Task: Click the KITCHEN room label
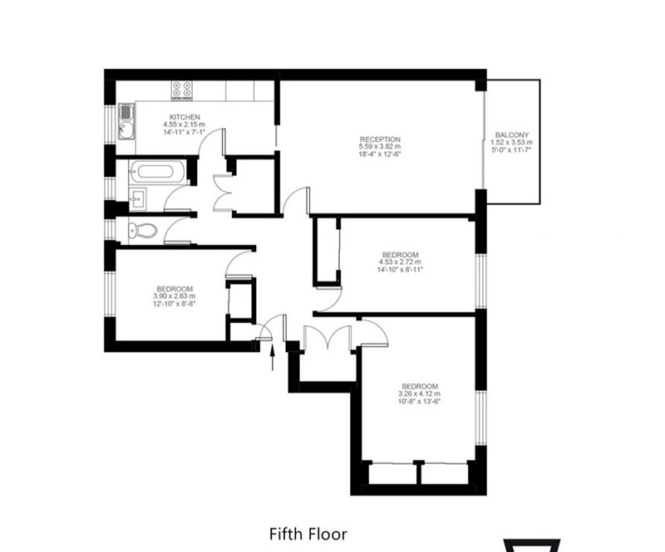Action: (185, 117)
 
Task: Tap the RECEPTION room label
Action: (380, 139)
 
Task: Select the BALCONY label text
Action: (512, 135)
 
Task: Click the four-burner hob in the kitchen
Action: (181, 90)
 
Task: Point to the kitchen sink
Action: (126, 121)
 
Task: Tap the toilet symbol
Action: (142, 231)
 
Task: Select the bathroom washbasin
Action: (137, 198)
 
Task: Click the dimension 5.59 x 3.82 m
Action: (380, 147)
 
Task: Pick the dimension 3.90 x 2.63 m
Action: (175, 296)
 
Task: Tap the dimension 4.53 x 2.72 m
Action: (401, 261)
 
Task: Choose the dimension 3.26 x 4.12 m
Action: (419, 393)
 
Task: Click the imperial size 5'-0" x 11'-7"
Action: (511, 149)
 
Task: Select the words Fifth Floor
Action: (308, 534)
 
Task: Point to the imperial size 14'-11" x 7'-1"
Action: (185, 132)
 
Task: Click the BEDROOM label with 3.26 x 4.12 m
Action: (420, 386)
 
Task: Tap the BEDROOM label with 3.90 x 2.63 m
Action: (175, 289)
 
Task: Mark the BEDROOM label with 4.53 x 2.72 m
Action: (401, 255)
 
